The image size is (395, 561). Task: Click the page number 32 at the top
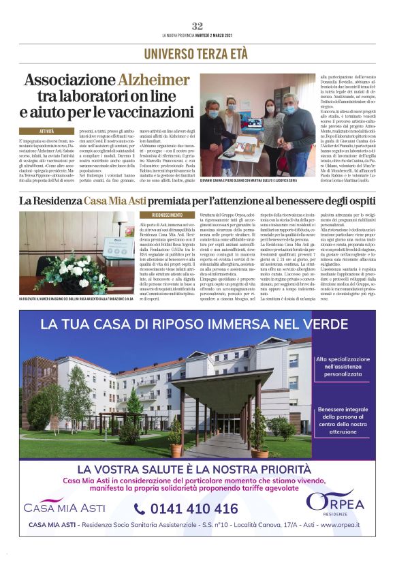pyautogui.click(x=197, y=25)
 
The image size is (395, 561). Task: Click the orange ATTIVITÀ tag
pyautogui.click(x=47, y=130)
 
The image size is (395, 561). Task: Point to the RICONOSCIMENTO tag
pyautogui.click(x=157, y=214)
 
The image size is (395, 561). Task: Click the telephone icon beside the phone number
pyautogui.click(x=140, y=509)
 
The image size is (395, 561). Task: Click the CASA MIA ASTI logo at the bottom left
pyautogui.click(x=64, y=505)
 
